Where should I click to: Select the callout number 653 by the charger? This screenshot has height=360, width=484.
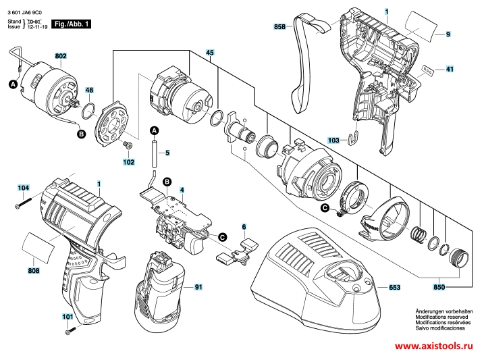point(395,288)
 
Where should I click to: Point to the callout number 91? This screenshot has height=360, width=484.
point(198,287)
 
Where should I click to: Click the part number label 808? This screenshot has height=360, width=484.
point(34,271)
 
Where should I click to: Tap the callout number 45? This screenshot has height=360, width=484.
point(209,53)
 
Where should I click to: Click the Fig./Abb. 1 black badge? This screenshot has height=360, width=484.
point(73,24)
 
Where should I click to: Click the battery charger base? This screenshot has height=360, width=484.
point(317,284)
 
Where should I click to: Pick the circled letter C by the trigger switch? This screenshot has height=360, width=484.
point(221,236)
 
